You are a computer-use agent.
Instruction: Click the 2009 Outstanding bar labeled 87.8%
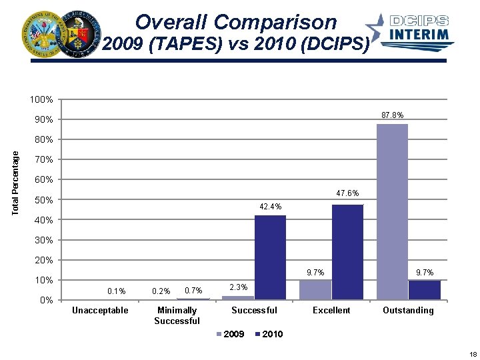[392, 212]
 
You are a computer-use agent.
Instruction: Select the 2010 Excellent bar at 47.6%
[347, 252]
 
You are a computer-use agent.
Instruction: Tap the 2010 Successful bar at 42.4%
[270, 257]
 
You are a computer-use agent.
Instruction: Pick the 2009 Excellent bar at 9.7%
[315, 290]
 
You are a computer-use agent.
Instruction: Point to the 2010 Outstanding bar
[425, 290]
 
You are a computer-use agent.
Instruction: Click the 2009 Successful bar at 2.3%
[238, 297]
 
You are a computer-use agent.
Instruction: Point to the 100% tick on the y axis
[41, 100]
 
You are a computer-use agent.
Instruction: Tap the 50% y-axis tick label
[43, 200]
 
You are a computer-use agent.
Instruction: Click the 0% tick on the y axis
[45, 300]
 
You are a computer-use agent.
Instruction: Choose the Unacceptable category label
[100, 311]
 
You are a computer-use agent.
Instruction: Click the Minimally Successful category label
[177, 315]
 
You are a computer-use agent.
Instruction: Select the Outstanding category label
[408, 311]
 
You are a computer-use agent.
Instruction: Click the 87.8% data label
[392, 115]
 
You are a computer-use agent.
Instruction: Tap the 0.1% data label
[116, 291]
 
